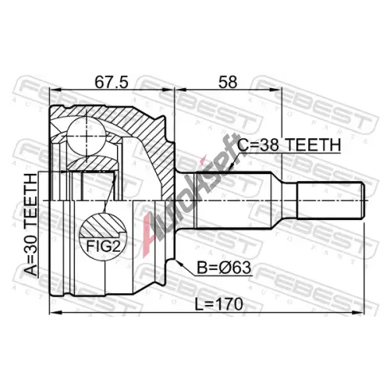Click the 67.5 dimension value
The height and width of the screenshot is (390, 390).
112,82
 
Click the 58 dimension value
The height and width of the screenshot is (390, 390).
228,82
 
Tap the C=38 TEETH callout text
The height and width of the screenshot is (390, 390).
289,145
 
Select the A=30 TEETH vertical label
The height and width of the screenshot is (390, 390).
31,225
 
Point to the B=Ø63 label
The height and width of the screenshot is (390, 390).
224,268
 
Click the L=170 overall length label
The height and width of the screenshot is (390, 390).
219,304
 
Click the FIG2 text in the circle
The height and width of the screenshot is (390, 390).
103,246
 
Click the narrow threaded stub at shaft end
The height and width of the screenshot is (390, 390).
331,200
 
